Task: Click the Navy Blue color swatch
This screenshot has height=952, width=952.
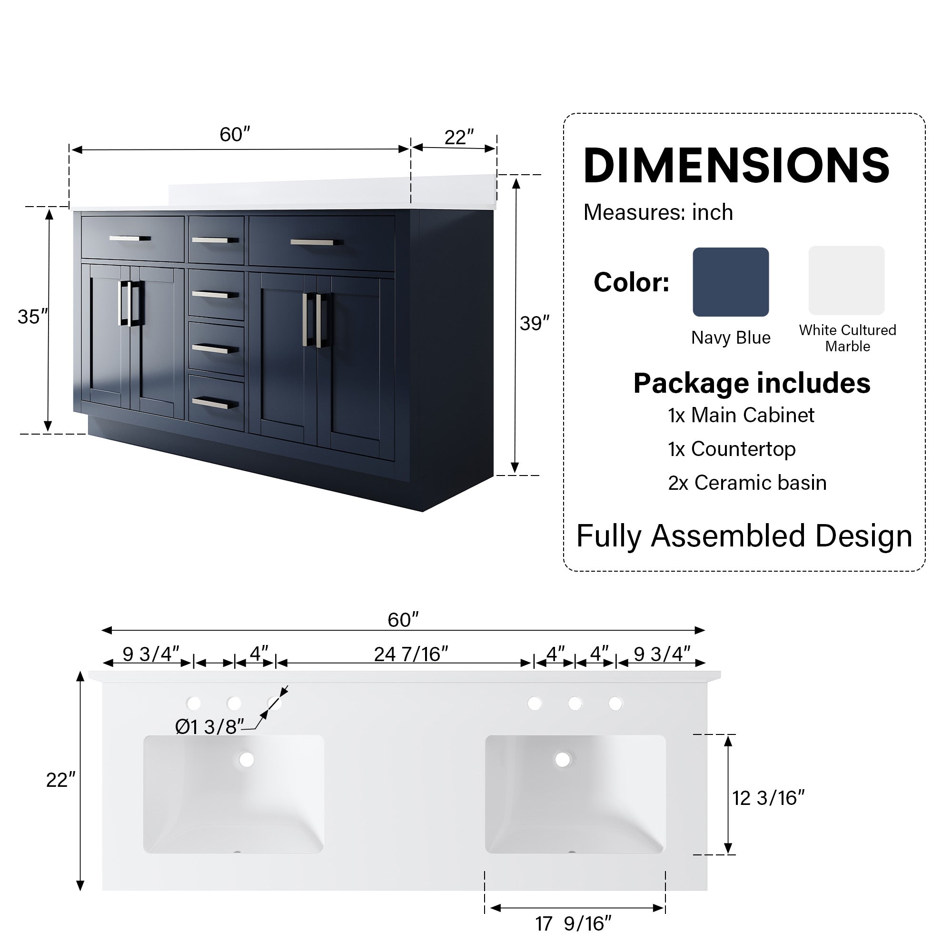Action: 730,282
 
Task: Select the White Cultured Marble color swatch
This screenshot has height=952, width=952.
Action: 846,280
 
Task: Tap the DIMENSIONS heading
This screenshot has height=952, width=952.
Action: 736,166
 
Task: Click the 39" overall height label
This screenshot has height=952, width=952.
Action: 534,324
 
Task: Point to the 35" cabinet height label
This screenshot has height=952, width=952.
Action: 32,317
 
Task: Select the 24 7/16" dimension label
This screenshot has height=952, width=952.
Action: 410,654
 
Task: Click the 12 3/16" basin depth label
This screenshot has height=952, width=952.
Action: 768,798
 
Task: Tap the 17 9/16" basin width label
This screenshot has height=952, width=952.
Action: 573,923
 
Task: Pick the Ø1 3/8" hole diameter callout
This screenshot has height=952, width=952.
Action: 209,727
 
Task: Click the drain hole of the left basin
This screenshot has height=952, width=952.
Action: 246,759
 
